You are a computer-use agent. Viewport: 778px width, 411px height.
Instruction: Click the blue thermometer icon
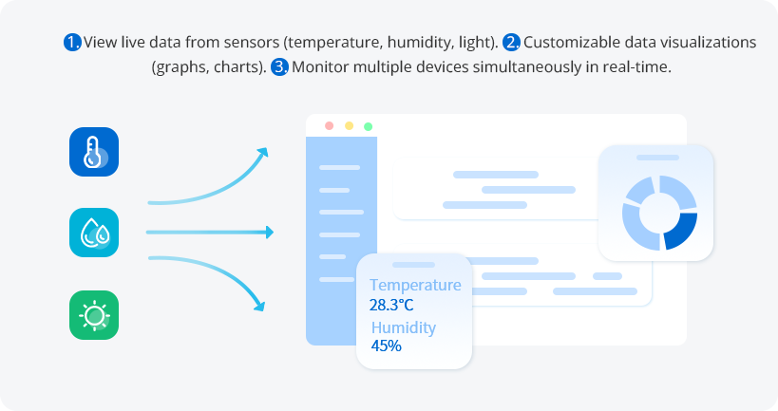point(94,152)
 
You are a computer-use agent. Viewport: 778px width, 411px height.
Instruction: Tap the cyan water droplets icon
point(94,233)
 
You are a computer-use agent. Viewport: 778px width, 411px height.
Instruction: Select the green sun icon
point(94,315)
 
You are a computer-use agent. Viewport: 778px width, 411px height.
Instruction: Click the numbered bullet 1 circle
point(72,42)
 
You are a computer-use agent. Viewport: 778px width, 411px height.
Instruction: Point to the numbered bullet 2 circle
point(511,42)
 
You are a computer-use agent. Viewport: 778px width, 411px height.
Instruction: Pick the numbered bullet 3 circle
point(280,66)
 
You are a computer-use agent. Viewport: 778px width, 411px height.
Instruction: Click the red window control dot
point(329,126)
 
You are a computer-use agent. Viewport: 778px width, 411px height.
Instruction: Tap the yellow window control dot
point(349,126)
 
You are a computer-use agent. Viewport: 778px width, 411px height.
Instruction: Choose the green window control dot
point(369,126)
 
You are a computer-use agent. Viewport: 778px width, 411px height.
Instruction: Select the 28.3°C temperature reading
point(391,305)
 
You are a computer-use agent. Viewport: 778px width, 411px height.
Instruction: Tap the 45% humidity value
point(386,346)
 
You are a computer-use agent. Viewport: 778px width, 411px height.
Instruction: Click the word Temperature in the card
point(415,285)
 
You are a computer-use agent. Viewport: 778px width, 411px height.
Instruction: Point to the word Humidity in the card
point(404,327)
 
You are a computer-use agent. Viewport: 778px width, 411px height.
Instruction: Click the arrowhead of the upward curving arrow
point(262,152)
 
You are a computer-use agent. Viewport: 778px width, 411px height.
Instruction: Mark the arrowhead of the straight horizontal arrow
point(270,232)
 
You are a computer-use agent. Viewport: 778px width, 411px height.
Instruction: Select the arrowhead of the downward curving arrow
point(259,306)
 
